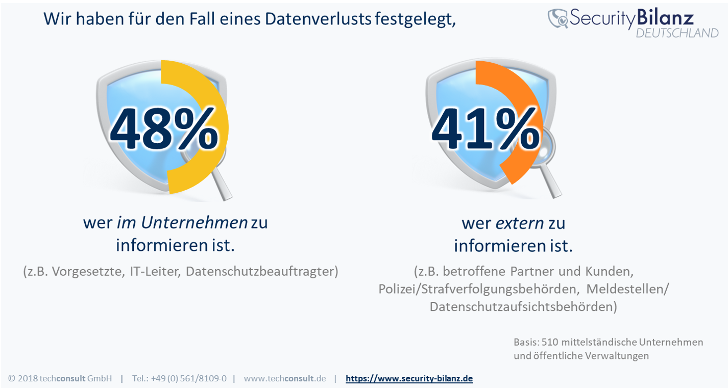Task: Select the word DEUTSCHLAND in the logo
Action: (x=676, y=33)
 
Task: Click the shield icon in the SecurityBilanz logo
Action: (x=559, y=18)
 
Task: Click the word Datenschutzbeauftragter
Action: (x=262, y=271)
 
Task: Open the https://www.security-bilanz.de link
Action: (x=409, y=378)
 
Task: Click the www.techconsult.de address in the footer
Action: (x=284, y=378)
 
